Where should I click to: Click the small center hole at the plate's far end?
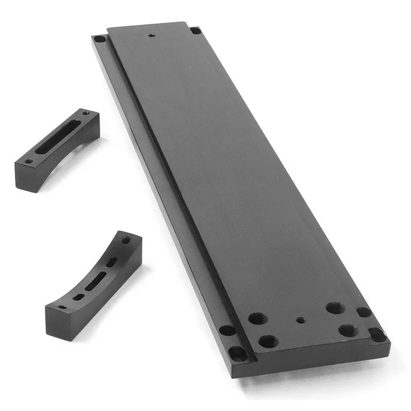(152, 35)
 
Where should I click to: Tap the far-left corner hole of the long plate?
(100, 39)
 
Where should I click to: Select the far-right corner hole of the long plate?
(195, 31)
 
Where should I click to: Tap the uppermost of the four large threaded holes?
(334, 308)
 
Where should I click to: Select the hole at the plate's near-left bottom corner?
(237, 353)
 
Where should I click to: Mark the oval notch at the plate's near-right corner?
(378, 334)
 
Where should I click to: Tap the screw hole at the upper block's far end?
(85, 113)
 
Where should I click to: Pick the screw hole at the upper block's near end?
(29, 161)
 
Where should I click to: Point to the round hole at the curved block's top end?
(126, 240)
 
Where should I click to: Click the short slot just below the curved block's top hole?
(112, 261)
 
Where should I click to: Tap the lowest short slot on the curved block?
(78, 297)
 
